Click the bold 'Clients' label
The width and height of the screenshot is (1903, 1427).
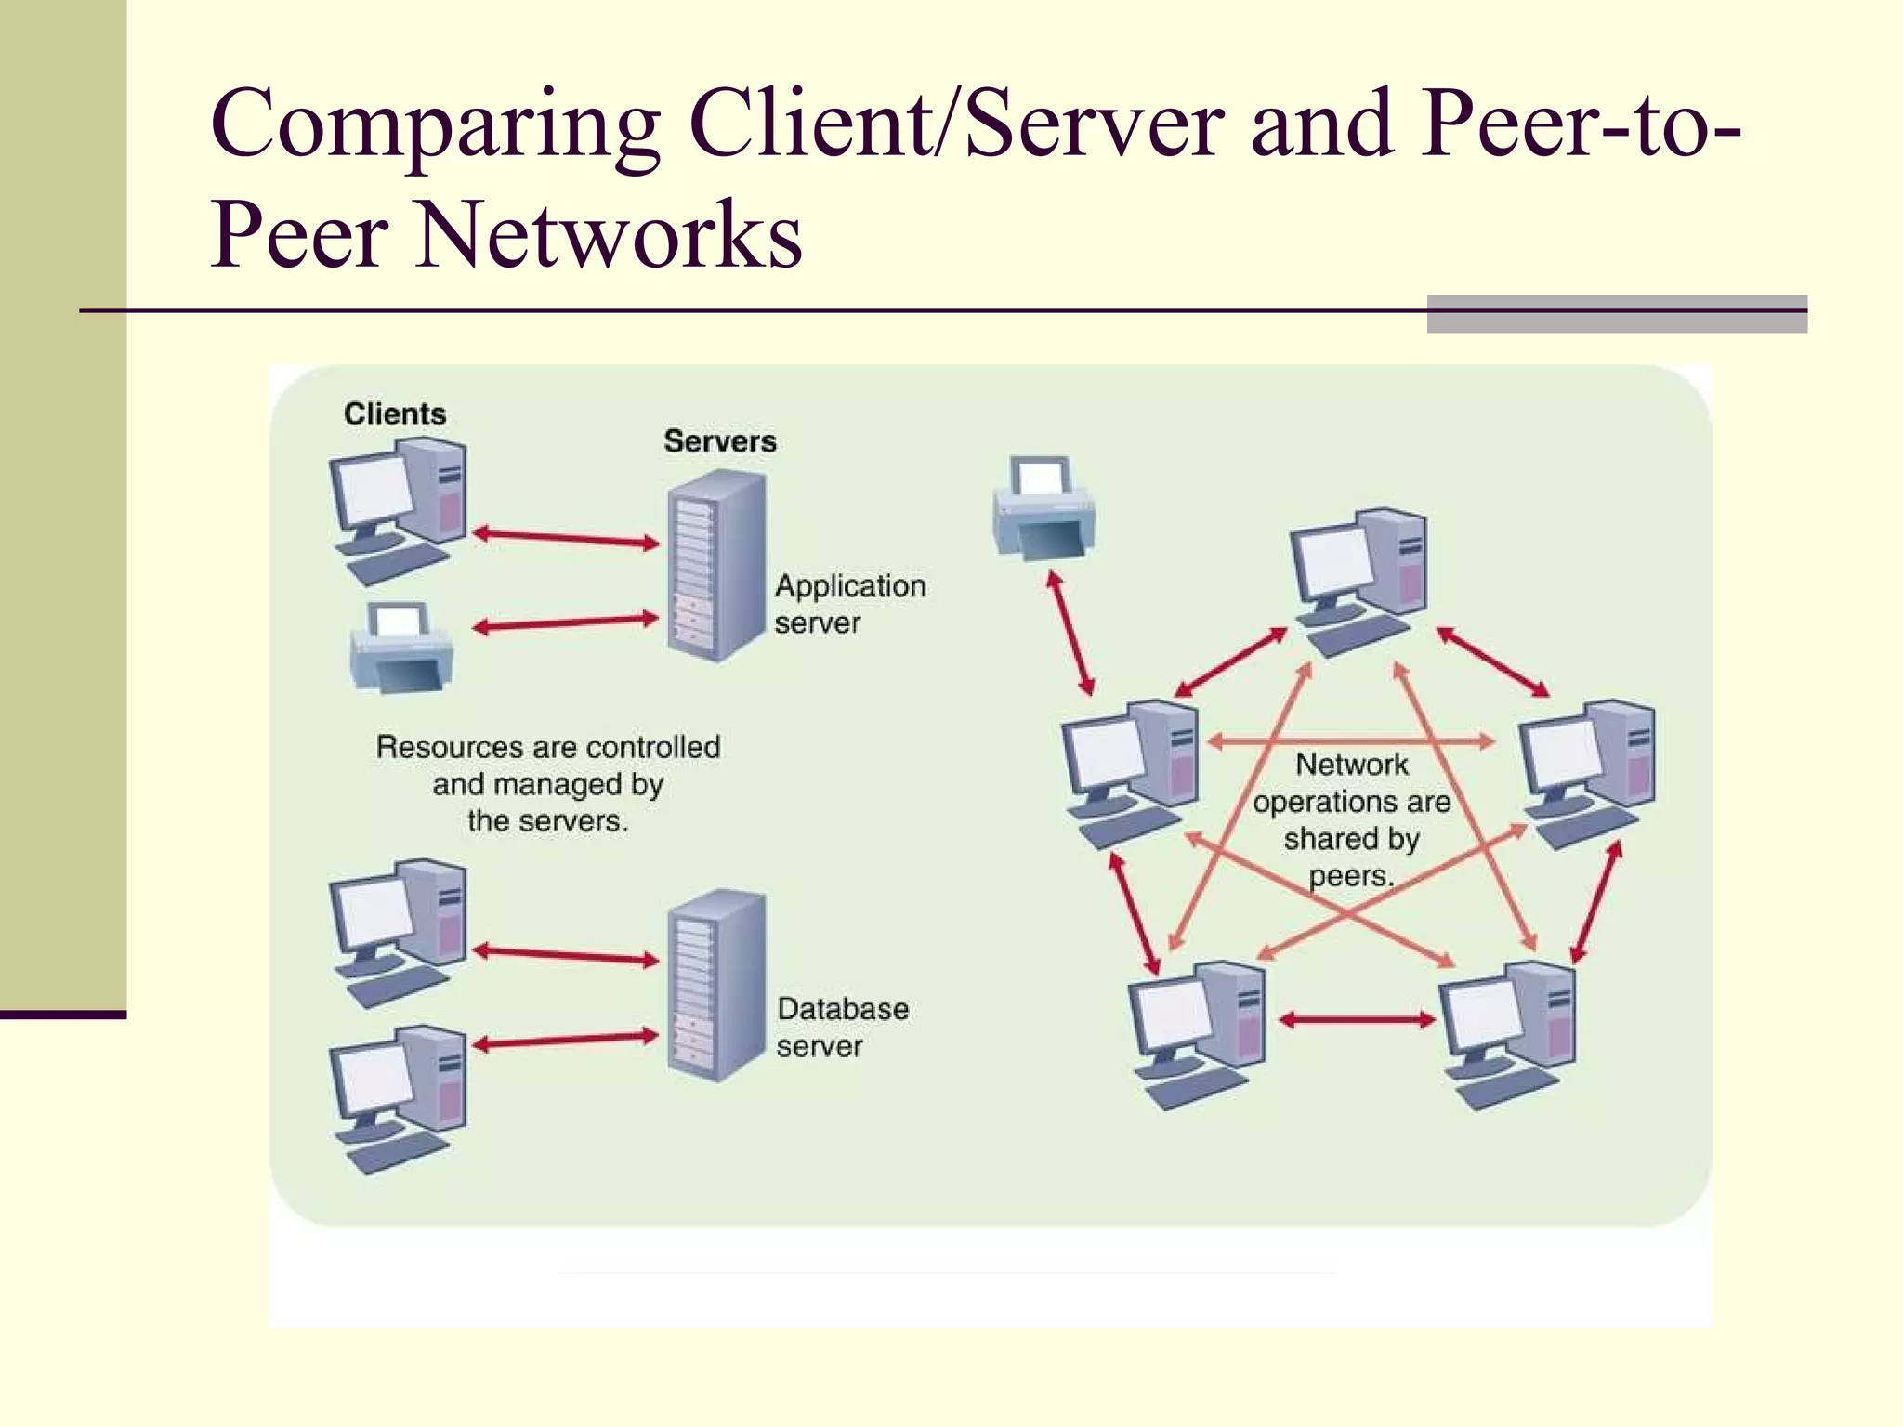[395, 413]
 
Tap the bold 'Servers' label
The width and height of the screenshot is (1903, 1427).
[719, 441]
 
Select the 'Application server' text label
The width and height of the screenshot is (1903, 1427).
[849, 604]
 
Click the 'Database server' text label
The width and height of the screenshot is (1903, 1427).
[842, 1027]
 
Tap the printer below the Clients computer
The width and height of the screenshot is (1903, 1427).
[401, 648]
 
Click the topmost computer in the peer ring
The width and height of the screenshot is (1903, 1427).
[1358, 581]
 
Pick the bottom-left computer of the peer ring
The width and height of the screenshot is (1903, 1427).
[1197, 1033]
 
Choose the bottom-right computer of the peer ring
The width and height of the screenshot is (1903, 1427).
[1507, 1033]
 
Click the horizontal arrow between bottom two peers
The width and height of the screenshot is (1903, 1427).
[1357, 1020]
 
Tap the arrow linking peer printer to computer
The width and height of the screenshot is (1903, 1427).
[1070, 634]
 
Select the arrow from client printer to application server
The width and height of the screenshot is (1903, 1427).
[565, 623]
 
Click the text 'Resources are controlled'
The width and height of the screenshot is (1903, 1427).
[548, 747]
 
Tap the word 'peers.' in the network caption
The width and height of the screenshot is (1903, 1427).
[1351, 876]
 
